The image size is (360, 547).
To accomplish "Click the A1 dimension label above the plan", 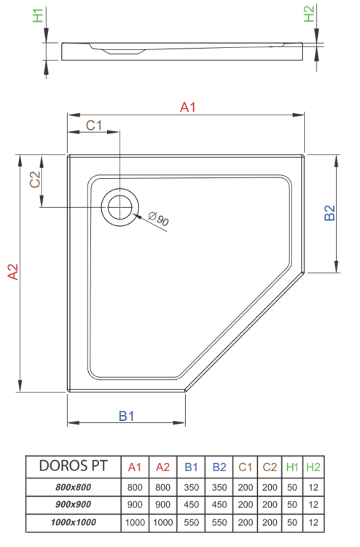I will coord(188,107).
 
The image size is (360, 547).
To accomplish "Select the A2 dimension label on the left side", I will coord(12,271).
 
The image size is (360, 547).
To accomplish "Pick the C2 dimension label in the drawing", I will coord(34,179).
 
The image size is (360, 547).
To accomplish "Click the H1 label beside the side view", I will coord(39,15).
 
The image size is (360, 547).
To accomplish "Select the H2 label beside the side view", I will coord(308,15).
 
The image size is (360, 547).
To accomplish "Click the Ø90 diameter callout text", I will coord(158,218).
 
